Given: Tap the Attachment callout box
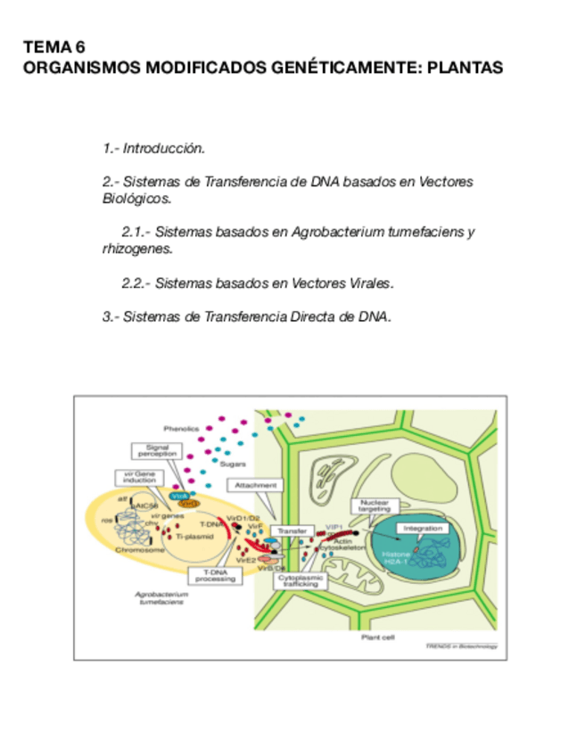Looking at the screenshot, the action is pos(257,485).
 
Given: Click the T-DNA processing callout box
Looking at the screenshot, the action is pos(215,576).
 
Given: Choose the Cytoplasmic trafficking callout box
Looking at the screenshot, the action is pos(299,580).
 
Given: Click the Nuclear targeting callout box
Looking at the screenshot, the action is pos(375,505).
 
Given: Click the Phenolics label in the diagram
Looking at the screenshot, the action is pos(179,430).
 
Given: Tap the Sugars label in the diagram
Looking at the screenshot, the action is pos(233,464).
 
